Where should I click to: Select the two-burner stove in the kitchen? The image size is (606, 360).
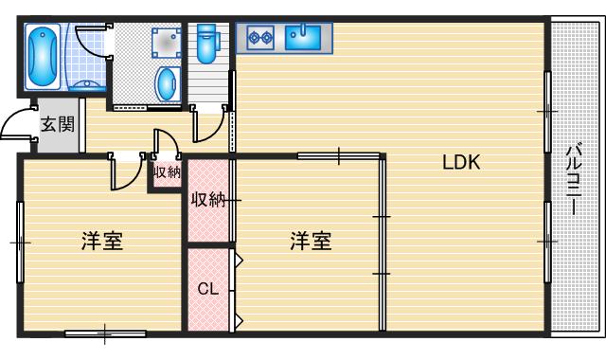click(259, 38)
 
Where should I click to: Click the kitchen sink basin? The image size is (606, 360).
click(302, 37)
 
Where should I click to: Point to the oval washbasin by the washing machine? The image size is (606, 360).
click(168, 82)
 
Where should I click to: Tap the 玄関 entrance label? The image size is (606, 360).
click(57, 124)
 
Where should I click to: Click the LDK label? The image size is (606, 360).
click(462, 162)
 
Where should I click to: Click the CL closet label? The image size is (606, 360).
click(208, 288)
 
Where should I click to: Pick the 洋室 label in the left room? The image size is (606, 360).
click(101, 242)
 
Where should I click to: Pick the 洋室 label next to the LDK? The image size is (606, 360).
click(311, 242)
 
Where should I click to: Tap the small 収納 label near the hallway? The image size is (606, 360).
click(167, 172)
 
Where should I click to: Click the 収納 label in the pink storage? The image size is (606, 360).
click(208, 200)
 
